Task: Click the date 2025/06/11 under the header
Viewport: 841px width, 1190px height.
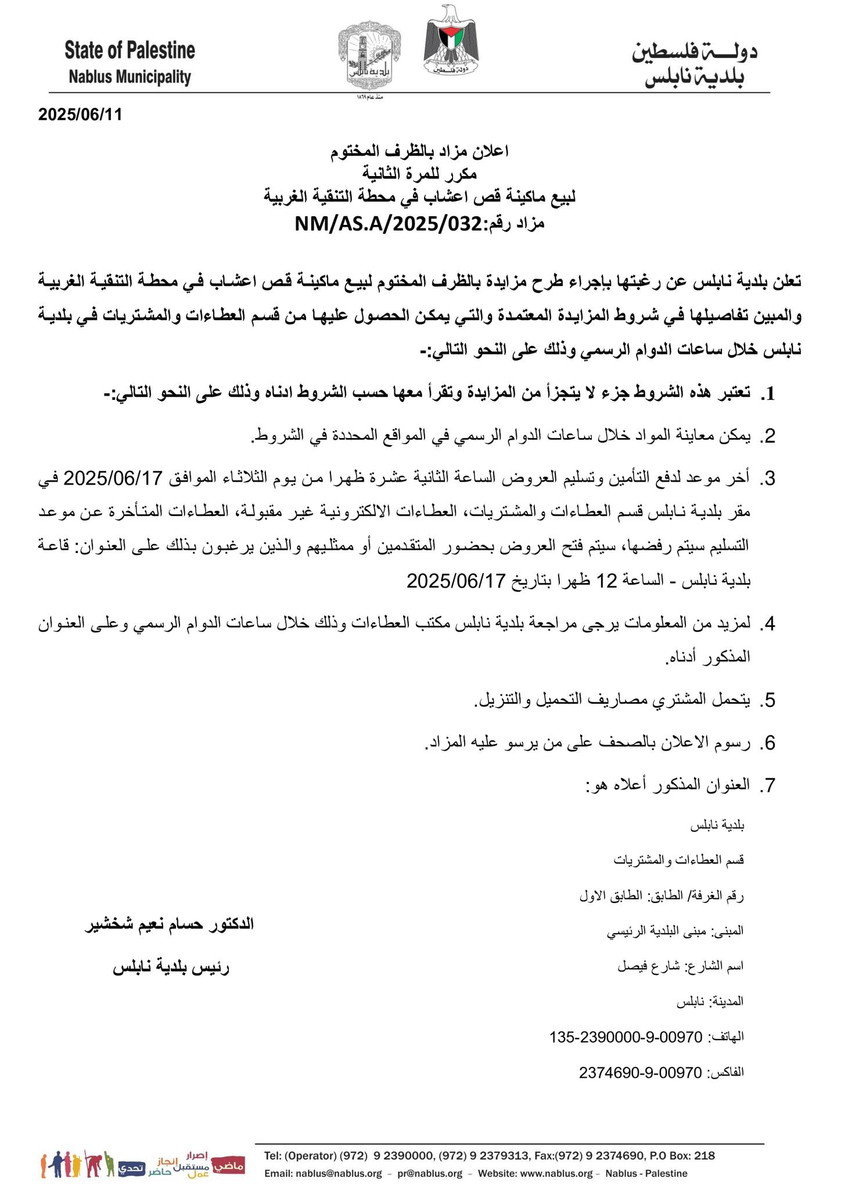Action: click(80, 114)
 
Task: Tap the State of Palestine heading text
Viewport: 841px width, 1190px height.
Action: click(130, 51)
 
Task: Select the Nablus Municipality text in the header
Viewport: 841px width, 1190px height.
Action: click(130, 77)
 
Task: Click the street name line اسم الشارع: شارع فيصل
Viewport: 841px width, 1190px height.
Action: click(680, 966)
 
